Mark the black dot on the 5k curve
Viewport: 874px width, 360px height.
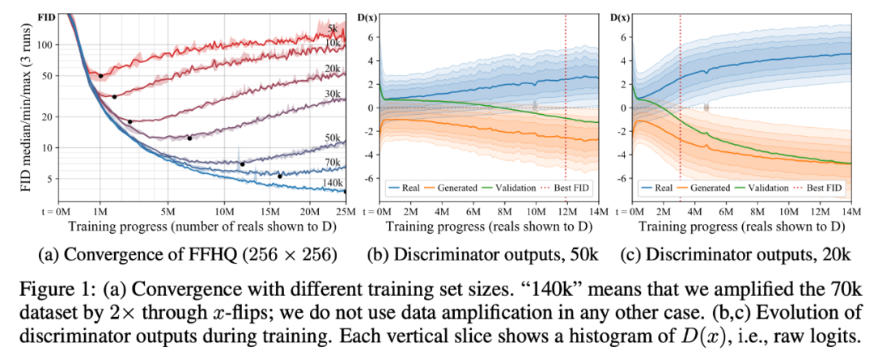101,76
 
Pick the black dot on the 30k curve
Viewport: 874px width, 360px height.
189,138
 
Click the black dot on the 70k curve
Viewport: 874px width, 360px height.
280,176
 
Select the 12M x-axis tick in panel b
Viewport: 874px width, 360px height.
565,213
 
